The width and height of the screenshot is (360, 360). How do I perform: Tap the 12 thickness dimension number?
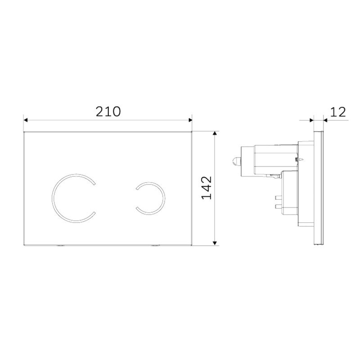[x=337, y=112]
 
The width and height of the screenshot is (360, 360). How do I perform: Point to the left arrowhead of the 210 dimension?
[x=26, y=120]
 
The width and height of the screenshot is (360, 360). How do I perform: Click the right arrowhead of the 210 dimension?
[x=190, y=120]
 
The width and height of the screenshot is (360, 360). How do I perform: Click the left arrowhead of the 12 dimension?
[x=311, y=120]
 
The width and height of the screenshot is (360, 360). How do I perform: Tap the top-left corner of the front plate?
[x=23, y=132]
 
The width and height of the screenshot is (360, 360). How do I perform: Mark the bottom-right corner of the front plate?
[x=192, y=246]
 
